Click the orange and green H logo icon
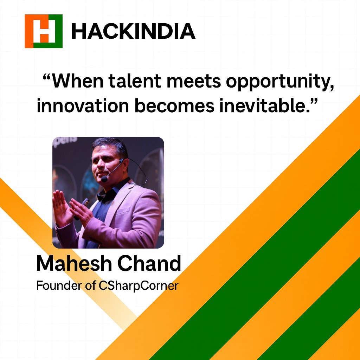44,31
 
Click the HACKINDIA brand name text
133,31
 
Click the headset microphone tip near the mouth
104,179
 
